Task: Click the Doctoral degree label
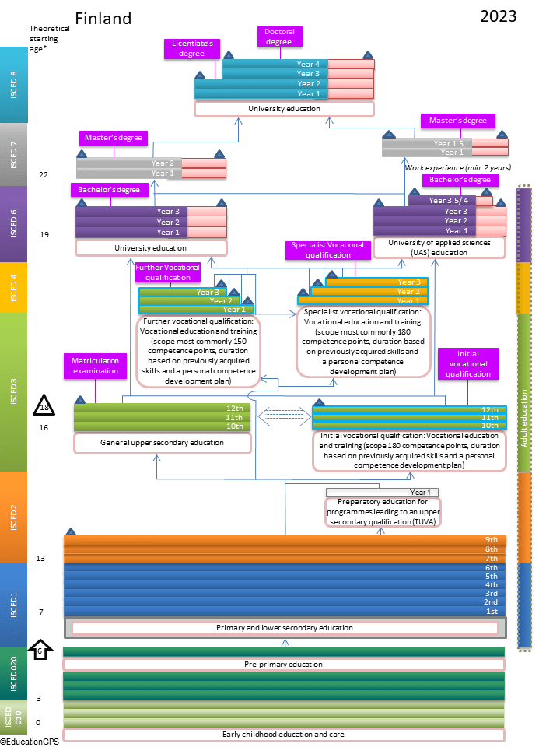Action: point(278,37)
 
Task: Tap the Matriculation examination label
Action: point(95,366)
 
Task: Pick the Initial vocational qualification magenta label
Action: point(467,363)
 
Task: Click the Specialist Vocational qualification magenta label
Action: point(327,250)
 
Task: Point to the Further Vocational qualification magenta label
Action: point(167,272)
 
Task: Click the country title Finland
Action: point(103,18)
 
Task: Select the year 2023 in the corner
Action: point(498,16)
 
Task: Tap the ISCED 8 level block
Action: point(14,85)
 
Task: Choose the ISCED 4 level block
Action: point(14,287)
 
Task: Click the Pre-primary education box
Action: point(283,665)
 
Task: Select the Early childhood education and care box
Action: point(283,734)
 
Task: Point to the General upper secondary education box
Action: point(162,443)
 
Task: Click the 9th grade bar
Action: point(285,539)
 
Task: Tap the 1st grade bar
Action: point(285,612)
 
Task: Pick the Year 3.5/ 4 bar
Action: point(450,201)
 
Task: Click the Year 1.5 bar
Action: point(426,143)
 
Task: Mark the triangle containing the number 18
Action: point(44,406)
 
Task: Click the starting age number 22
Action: point(44,174)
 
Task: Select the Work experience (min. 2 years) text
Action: point(457,167)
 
